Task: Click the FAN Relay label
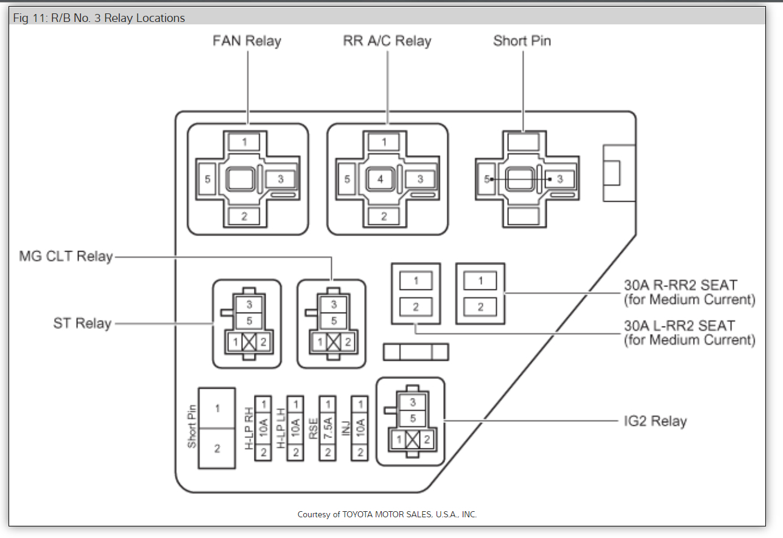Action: tap(247, 41)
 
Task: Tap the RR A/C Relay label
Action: tap(387, 41)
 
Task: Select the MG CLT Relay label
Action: tap(66, 257)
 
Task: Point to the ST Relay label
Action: tap(82, 324)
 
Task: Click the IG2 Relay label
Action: tap(655, 421)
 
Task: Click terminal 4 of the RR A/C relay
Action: tap(381, 180)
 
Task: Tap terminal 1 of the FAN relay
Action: tap(244, 142)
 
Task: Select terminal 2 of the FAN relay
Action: tap(244, 216)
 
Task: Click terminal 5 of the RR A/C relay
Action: tap(347, 179)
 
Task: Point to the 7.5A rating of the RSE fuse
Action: tap(328, 428)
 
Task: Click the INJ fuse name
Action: tap(346, 428)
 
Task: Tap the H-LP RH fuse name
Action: tap(248, 428)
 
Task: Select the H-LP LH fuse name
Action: tap(281, 428)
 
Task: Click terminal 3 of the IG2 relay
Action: tap(413, 402)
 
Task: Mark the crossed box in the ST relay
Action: tap(249, 342)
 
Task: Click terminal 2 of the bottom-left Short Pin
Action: tap(217, 449)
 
